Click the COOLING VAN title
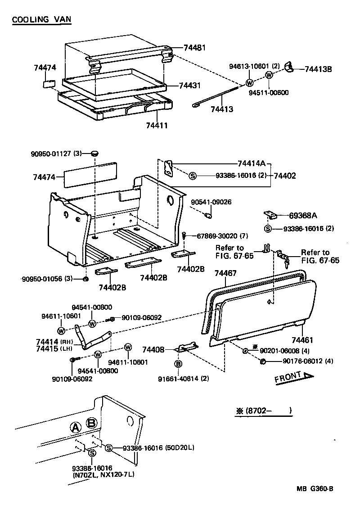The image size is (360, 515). pyautogui.click(x=41, y=20)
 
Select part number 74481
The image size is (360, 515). pyautogui.click(x=195, y=47)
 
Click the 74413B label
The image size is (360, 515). pyautogui.click(x=318, y=69)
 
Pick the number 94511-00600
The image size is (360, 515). pyautogui.click(x=269, y=93)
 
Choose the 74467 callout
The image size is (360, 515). pyautogui.click(x=226, y=273)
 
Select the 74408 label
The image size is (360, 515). pyautogui.click(x=153, y=349)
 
